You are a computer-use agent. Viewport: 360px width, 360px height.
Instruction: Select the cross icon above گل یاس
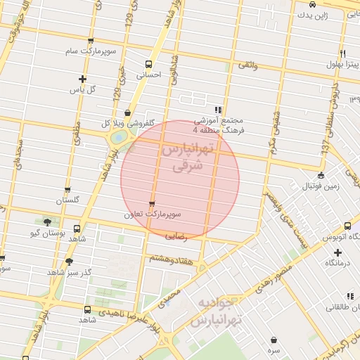83,79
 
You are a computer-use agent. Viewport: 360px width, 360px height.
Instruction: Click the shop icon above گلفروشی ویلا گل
127,112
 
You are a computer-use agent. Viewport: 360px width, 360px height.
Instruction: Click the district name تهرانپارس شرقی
186,158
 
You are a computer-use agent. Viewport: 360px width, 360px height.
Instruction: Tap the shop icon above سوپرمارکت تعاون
152,204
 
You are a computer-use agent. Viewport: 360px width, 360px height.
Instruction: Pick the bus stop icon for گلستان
67,190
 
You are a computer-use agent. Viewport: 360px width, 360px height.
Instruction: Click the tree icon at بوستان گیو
47,221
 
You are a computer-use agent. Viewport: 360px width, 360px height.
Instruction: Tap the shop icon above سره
273,340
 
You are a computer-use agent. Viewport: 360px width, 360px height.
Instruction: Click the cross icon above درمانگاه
337,252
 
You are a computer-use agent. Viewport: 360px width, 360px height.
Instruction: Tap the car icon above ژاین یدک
312,4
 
